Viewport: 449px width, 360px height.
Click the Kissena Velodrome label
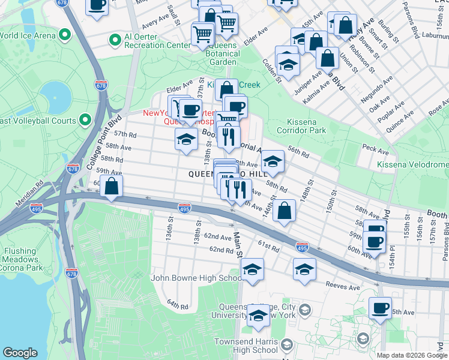(412, 164)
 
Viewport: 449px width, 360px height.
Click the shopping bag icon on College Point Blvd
(112, 187)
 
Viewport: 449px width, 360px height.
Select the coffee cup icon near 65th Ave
(380, 309)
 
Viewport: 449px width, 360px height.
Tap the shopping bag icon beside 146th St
(285, 211)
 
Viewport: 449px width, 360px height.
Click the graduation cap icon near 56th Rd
(273, 161)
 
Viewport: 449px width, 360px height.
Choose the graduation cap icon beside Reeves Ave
(305, 269)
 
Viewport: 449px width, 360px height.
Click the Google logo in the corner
(20, 353)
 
